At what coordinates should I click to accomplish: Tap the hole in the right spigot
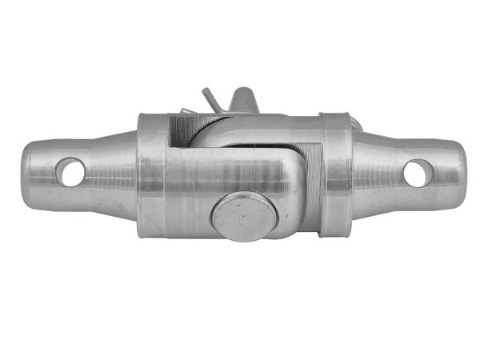pos(416,172)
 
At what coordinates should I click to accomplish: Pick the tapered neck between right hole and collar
pos(376,173)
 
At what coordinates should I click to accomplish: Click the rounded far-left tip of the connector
pos(24,172)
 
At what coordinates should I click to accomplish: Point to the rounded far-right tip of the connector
pos(463,172)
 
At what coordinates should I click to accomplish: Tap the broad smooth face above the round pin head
pos(232,172)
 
